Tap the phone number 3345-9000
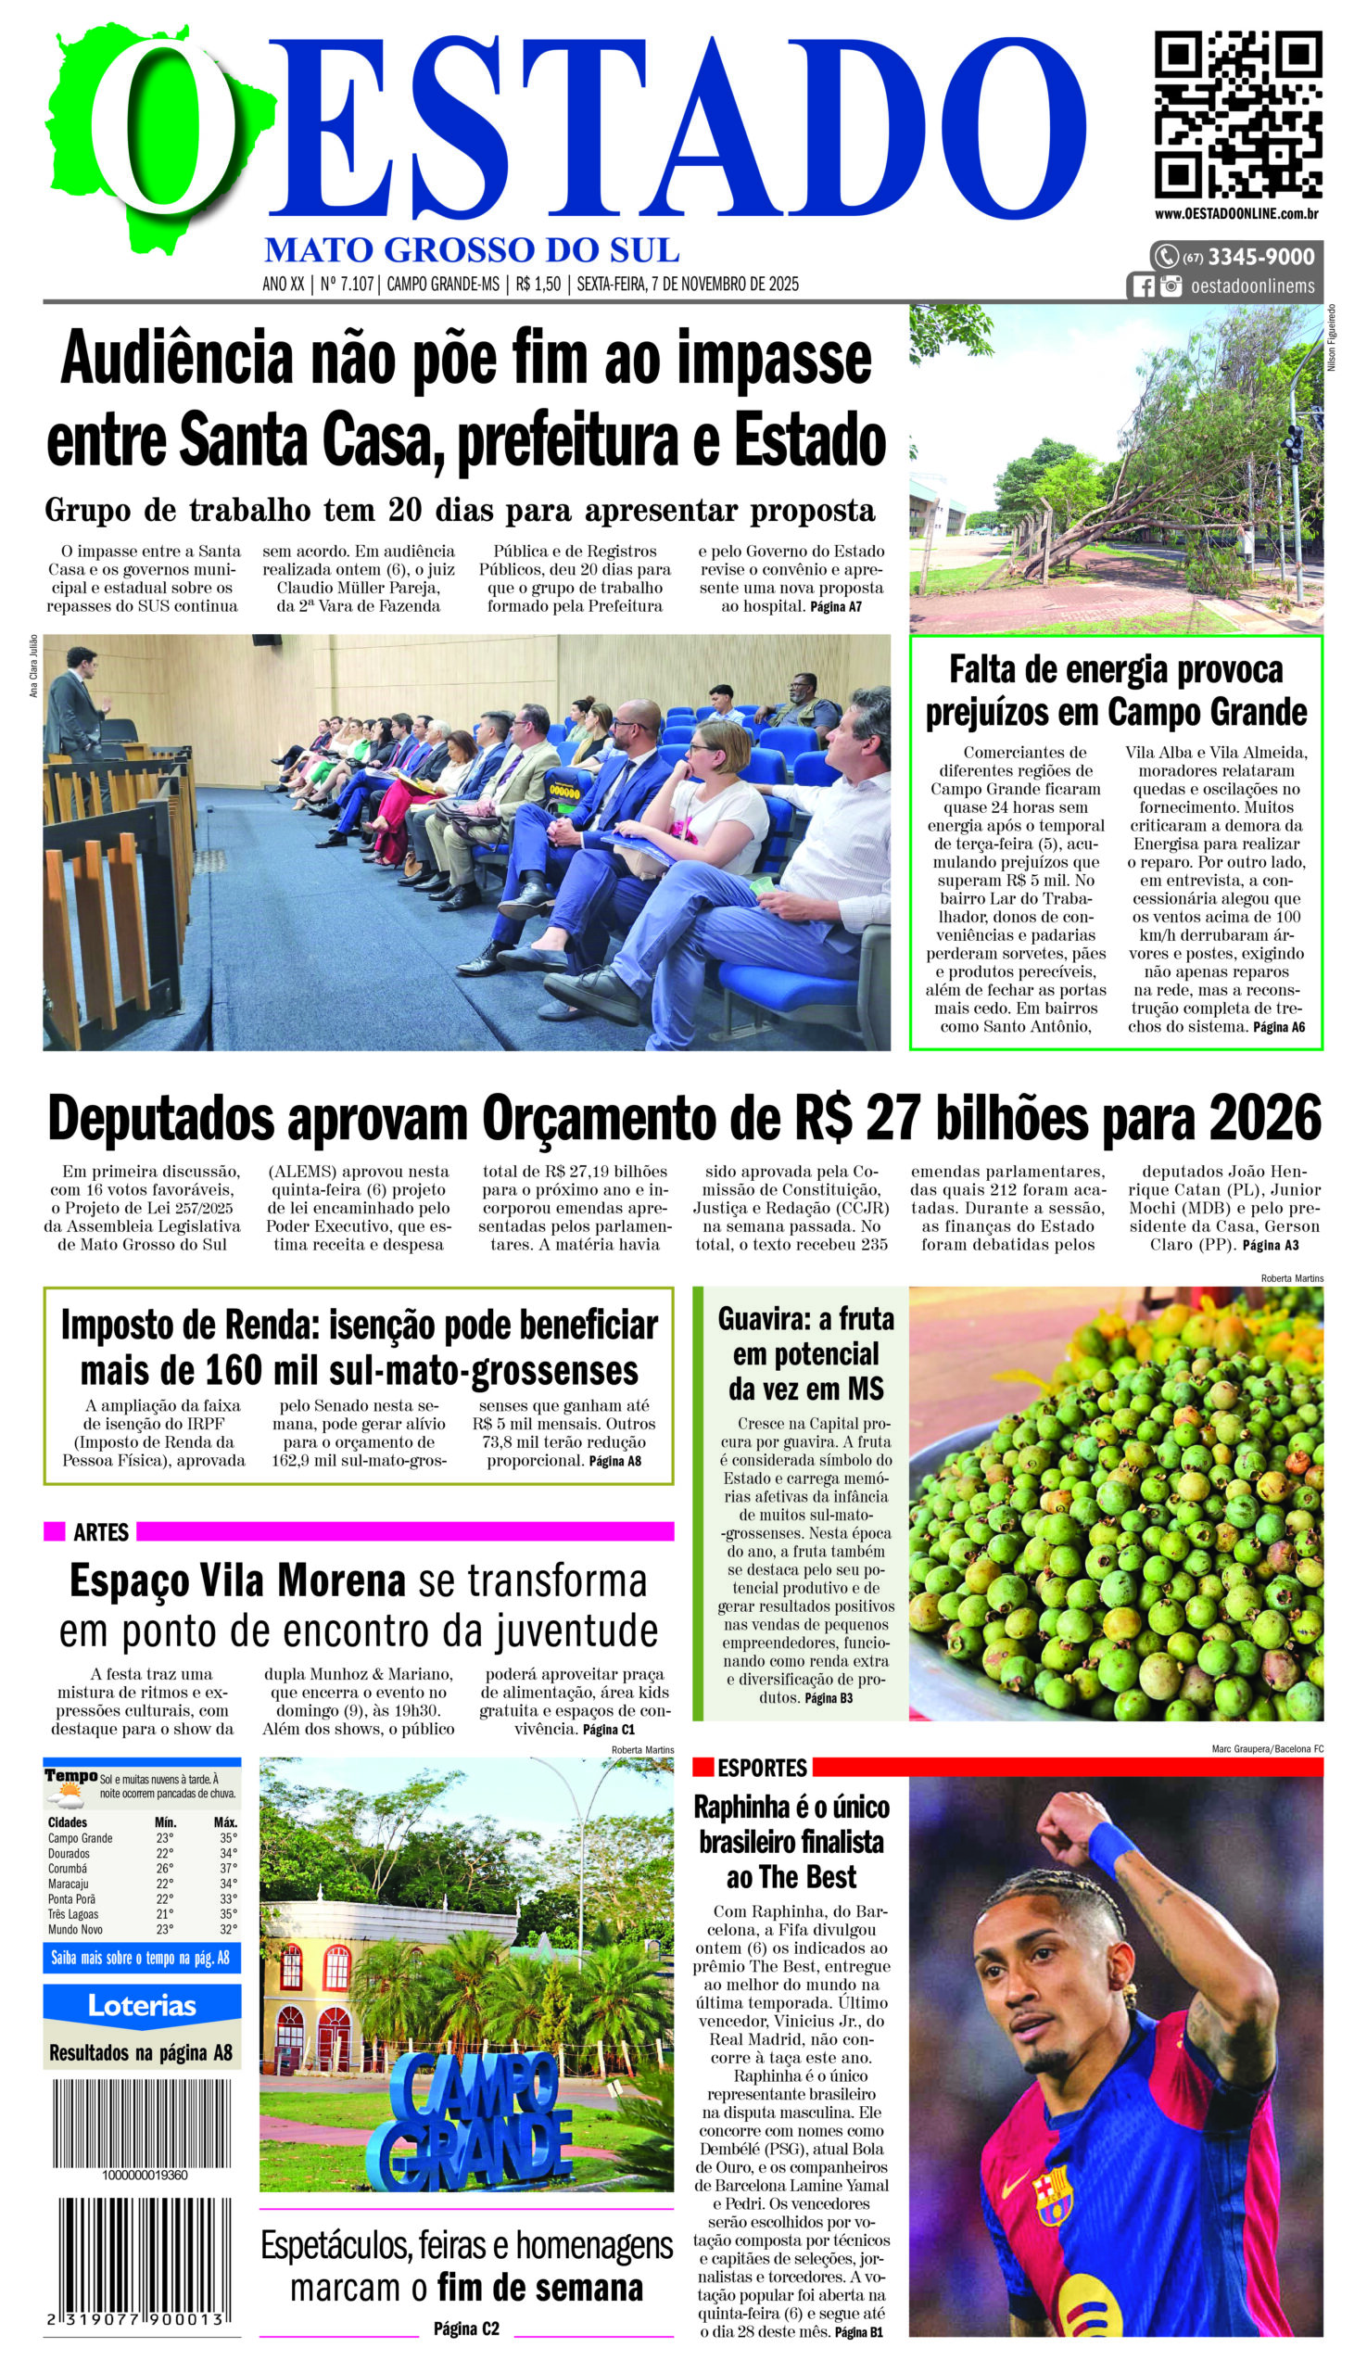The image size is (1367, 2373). tap(1260, 257)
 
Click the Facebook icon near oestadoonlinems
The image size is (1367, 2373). tap(1143, 286)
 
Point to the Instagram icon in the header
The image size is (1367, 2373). tap(1170, 286)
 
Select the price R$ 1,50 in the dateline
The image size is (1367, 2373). tap(538, 284)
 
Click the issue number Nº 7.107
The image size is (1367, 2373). tap(347, 284)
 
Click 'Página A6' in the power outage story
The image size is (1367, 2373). tap(1278, 1027)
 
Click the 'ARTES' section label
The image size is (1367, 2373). tap(100, 1531)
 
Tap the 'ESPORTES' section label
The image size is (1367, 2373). tap(762, 1769)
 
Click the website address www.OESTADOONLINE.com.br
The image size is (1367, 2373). tap(1236, 214)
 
